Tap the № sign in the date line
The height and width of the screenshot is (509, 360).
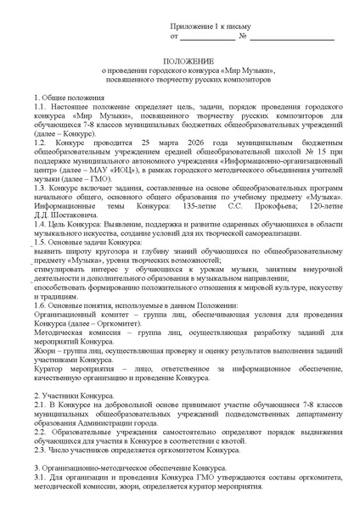[x=244, y=37]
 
